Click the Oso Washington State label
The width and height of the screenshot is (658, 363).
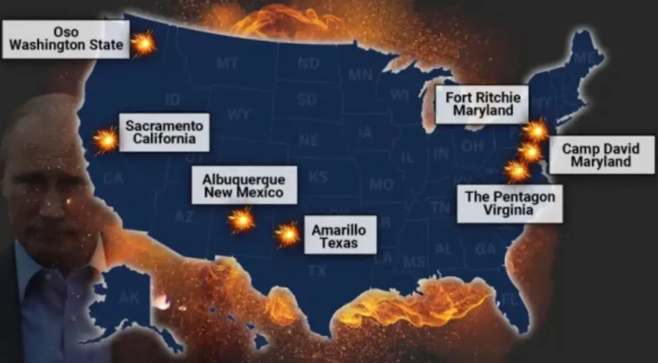[65, 39]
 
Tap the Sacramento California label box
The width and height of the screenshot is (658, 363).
[164, 132]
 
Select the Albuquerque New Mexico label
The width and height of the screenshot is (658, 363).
[244, 185]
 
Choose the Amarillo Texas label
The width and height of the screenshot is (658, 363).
[339, 234]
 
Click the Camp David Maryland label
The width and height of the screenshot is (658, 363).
[601, 155]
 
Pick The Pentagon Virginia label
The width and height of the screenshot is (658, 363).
[509, 204]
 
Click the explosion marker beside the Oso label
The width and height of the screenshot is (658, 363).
[143, 43]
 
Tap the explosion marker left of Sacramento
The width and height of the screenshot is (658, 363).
[106, 140]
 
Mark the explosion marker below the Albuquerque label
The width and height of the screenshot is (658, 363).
[241, 220]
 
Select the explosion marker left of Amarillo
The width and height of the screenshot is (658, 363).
[287, 234]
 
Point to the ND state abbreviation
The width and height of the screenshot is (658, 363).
[308, 64]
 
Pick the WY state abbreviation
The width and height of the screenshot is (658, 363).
[238, 114]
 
